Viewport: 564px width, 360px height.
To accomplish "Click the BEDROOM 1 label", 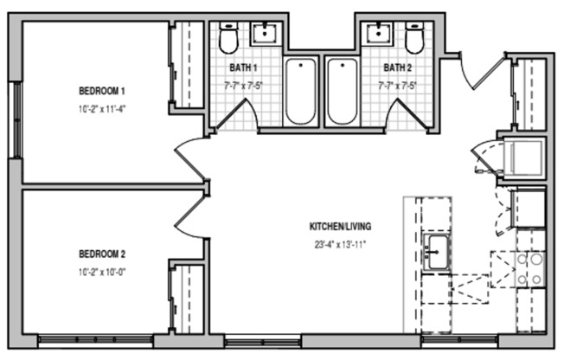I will pyautogui.click(x=102, y=91).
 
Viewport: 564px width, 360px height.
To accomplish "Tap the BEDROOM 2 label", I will pyautogui.click(x=102, y=254).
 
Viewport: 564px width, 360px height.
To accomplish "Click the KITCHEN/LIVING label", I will pyautogui.click(x=340, y=228).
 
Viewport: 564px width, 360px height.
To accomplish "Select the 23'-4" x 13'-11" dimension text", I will pyautogui.click(x=340, y=244).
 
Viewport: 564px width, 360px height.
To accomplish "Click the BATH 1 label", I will pyautogui.click(x=243, y=67).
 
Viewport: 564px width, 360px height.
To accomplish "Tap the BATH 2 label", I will pyautogui.click(x=396, y=67).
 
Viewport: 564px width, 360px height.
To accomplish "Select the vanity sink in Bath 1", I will pyautogui.click(x=264, y=34).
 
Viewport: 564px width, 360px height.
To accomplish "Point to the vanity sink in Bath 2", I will pyautogui.click(x=378, y=34).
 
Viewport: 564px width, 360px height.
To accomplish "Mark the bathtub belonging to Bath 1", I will pyautogui.click(x=301, y=91).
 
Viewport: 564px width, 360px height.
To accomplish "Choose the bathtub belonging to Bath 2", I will pyautogui.click(x=341, y=91).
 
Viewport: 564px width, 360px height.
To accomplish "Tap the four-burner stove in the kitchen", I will pyautogui.click(x=529, y=268).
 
